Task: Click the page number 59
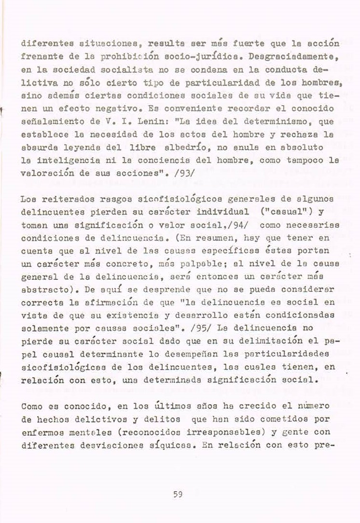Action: [177, 494]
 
